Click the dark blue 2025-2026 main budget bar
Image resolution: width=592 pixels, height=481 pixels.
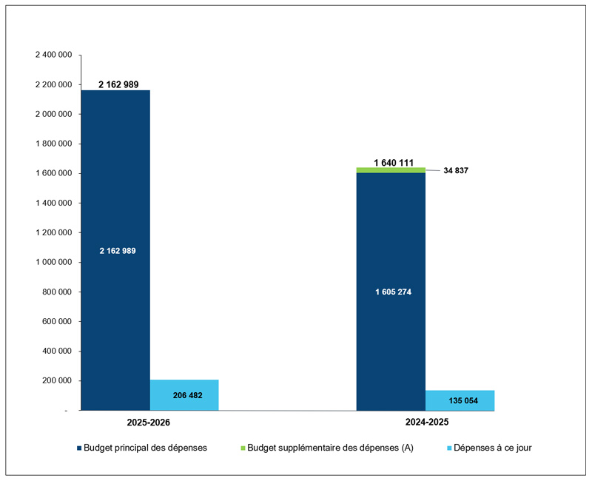115,185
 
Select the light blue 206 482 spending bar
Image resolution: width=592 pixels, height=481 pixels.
184,394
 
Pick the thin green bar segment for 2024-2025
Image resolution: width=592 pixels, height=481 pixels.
391,170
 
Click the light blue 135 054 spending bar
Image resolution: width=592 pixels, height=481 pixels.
460,400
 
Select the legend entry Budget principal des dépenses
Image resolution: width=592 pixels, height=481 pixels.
145,448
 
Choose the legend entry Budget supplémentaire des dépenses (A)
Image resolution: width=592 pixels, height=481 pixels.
329,448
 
